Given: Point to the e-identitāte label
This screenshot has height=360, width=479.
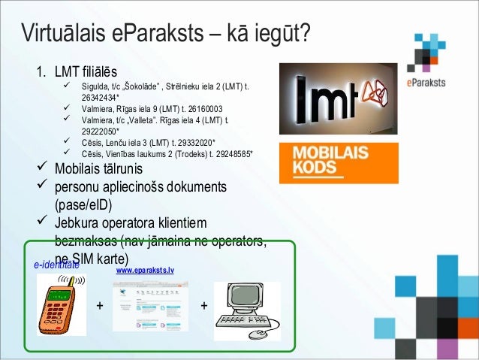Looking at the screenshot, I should coord(56,265).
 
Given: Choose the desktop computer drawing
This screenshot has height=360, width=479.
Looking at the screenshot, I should coord(247,309).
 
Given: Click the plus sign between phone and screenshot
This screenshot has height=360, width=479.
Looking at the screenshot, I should coord(99,306).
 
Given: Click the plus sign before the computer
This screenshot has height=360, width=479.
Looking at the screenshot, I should coord(203,306).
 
